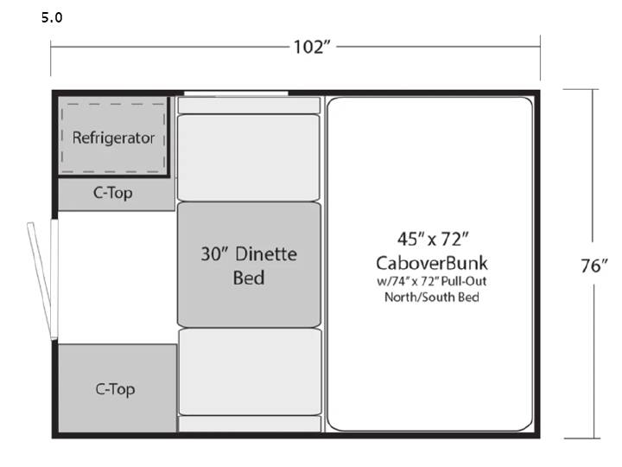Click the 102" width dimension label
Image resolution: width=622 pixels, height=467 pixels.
(312, 48)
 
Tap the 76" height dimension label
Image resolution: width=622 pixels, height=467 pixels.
(593, 265)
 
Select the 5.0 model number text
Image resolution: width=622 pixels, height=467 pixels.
(52, 17)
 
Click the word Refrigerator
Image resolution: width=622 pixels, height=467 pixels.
(113, 138)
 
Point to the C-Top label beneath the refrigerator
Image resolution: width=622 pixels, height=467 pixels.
(113, 193)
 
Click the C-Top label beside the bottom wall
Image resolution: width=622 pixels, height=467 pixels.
(116, 389)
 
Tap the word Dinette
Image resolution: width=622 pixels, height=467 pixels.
(266, 254)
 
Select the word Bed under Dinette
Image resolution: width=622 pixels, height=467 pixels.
(249, 278)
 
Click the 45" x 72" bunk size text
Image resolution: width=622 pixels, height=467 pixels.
(433, 240)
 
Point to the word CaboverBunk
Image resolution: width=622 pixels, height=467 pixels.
(432, 263)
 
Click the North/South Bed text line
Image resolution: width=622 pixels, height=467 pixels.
(432, 297)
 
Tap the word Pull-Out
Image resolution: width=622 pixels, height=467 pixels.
(464, 281)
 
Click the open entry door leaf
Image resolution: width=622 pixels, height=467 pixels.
(39, 281)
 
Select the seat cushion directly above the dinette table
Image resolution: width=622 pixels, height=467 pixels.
(249, 157)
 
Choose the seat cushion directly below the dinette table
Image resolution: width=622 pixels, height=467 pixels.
(251, 372)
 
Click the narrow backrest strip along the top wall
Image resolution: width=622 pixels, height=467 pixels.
(249, 106)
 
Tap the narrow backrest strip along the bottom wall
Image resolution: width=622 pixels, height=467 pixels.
(250, 424)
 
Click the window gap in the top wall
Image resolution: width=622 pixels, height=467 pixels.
(236, 93)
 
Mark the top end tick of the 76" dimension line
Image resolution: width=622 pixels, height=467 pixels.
(581, 90)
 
